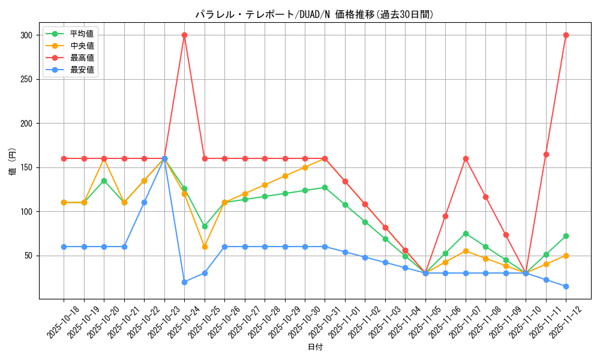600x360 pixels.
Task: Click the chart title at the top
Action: [x=314, y=14]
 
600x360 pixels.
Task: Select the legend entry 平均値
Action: [x=82, y=34]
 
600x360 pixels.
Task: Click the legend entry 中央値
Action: [x=82, y=46]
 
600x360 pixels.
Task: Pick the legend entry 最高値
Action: [x=82, y=58]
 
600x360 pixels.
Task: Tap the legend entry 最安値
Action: [x=82, y=70]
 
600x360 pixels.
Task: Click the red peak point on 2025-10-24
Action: [x=184, y=35]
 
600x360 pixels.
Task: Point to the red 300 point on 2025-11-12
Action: [x=566, y=35]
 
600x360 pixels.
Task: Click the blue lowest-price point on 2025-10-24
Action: [x=184, y=282]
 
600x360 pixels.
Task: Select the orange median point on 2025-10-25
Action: [x=205, y=247]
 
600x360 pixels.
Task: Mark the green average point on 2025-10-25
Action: [x=205, y=226]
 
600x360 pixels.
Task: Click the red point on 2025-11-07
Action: [x=466, y=158]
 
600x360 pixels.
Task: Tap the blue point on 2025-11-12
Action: [x=566, y=286]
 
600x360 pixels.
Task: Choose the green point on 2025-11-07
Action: [x=466, y=233]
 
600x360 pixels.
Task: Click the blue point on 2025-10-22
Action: [x=144, y=202]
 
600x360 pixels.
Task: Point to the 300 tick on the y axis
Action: [x=25, y=35]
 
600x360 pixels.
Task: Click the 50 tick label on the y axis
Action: [x=27, y=256]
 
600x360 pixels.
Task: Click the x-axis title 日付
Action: [x=315, y=347]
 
